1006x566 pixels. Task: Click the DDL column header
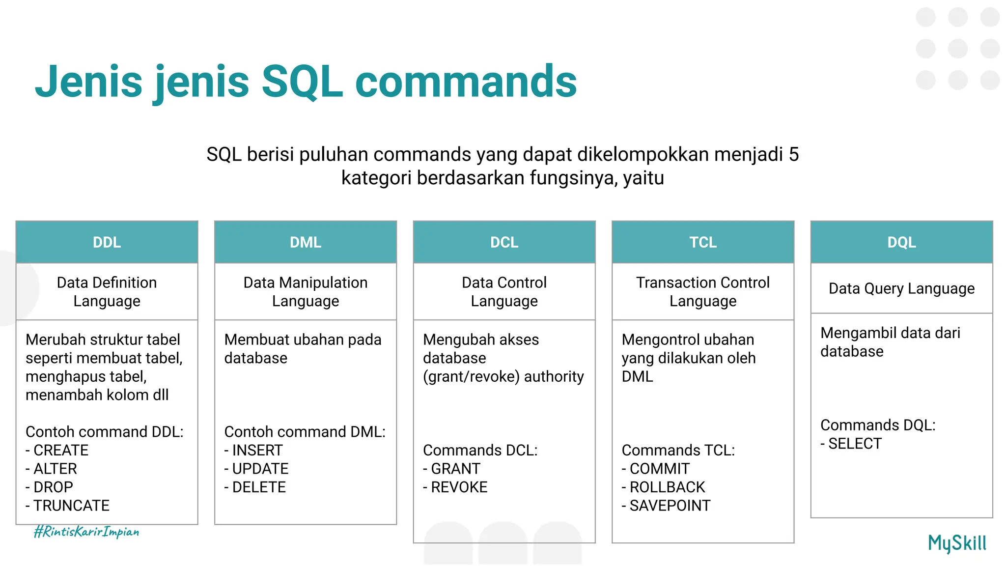(x=107, y=242)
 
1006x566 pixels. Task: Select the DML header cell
(x=305, y=242)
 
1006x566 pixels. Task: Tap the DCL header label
(x=504, y=242)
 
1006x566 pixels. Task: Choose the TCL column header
(x=702, y=242)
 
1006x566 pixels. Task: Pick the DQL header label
(x=901, y=242)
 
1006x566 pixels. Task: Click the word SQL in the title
(x=302, y=82)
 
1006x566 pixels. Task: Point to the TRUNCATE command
(x=71, y=506)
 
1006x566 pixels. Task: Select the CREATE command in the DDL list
(x=60, y=450)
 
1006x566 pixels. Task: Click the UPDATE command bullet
(x=260, y=469)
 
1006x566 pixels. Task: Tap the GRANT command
(x=455, y=469)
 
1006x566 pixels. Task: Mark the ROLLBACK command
(x=667, y=487)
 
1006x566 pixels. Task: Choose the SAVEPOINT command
(x=670, y=506)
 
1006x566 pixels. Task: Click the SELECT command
(x=855, y=444)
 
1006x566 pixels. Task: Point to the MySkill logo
(x=957, y=543)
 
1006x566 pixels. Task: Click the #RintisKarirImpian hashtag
(x=86, y=532)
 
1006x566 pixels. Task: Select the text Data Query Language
(x=901, y=288)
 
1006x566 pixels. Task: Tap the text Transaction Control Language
(x=702, y=291)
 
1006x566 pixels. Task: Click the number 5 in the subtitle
(x=794, y=154)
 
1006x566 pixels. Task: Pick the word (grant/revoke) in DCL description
(x=471, y=377)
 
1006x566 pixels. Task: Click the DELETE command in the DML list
(x=258, y=487)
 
